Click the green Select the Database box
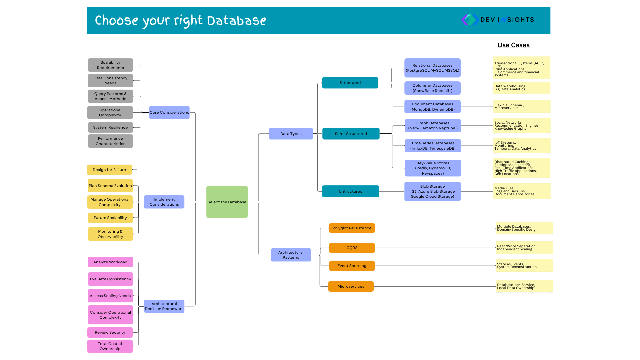(227, 202)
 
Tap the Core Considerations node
(169, 112)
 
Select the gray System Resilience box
(110, 127)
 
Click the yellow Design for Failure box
(109, 170)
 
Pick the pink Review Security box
(110, 332)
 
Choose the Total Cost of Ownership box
(110, 346)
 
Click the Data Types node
(291, 134)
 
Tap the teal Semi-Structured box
(351, 134)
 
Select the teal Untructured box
(350, 191)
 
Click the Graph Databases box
(433, 126)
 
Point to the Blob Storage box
(432, 191)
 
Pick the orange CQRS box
(352, 248)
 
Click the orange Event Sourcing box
(352, 266)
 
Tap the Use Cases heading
(513, 45)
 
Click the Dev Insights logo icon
(470, 20)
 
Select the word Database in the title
(237, 21)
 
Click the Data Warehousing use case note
(522, 88)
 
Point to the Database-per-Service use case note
(524, 286)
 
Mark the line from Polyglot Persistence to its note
(435, 228)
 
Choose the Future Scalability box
(110, 218)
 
